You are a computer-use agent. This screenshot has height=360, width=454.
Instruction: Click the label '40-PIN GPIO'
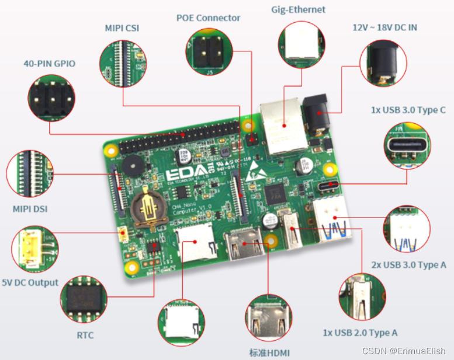pos(49,63)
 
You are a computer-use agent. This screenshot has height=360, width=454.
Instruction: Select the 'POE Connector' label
pos(208,18)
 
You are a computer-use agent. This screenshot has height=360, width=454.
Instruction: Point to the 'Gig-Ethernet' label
pos(299,9)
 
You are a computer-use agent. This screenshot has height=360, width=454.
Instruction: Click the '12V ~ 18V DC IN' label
pos(384,27)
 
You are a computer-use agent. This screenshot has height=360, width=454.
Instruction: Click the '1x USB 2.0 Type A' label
pos(360,333)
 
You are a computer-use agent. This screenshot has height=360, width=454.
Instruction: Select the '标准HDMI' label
pos(269,352)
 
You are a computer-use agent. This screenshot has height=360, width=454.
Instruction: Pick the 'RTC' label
pos(85,335)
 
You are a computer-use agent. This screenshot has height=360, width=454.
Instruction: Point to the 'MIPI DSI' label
pos(30,209)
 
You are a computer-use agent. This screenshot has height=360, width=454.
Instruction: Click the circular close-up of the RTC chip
pos(84,299)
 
